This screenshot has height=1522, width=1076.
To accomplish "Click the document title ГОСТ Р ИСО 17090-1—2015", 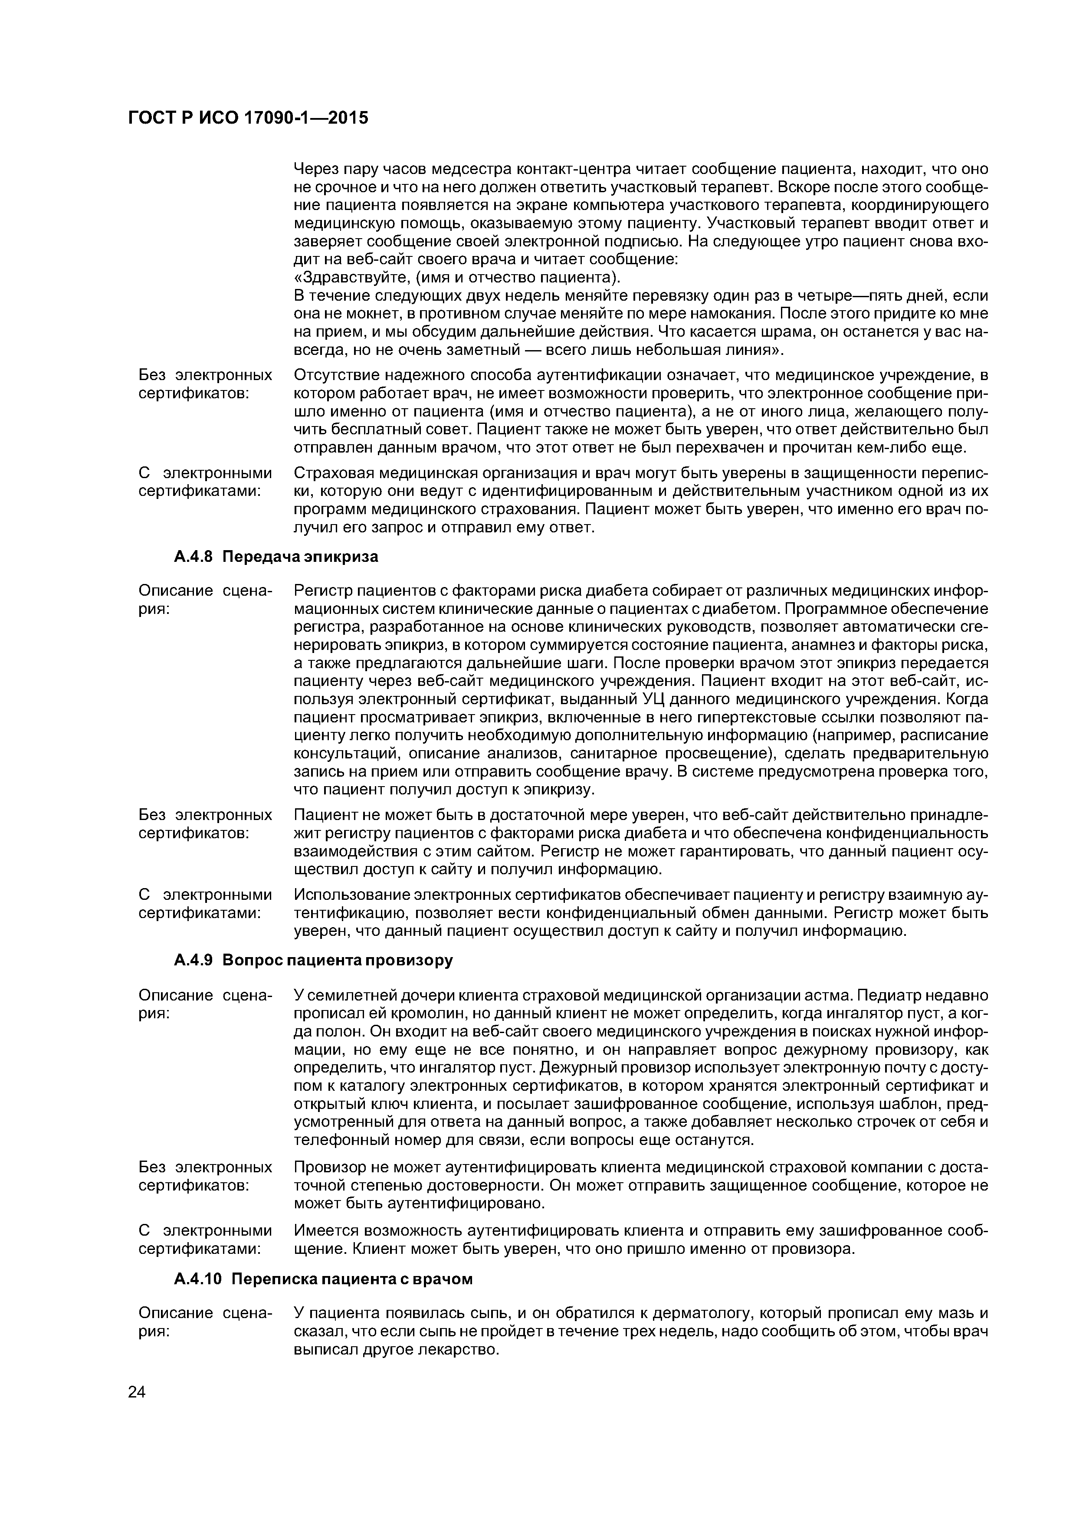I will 247,118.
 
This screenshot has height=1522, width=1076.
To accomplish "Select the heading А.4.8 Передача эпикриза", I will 276,557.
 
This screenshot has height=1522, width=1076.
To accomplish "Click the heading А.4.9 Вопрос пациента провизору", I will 313,961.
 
